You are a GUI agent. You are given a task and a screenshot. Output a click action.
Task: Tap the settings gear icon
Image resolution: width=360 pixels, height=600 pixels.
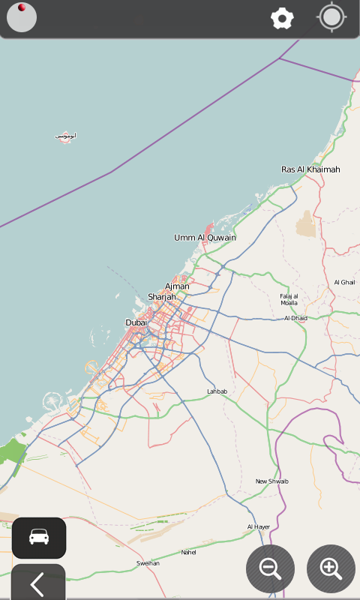282,19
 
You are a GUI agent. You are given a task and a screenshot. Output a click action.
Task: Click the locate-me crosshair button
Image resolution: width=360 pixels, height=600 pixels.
331,18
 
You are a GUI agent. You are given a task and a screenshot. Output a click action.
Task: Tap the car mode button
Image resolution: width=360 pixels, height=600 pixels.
39,537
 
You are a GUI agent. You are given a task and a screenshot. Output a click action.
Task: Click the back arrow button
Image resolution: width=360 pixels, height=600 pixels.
37,583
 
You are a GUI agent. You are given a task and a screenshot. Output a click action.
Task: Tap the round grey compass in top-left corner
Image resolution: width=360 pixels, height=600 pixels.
22,18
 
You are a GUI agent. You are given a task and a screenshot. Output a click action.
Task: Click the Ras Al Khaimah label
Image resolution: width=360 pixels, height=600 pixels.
310,169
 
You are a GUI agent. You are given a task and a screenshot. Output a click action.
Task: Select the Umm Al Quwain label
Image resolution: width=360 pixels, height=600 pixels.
205,238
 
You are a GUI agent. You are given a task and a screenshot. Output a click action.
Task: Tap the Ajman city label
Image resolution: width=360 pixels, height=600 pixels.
177,286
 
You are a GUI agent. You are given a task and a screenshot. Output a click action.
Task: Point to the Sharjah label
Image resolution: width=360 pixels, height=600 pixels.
162,297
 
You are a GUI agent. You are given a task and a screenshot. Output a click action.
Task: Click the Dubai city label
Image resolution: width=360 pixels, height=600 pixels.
136,322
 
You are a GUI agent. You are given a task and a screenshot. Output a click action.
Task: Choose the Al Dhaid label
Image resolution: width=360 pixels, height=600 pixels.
295,318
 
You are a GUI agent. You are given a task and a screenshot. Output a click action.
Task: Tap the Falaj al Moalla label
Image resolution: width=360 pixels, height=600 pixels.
289,299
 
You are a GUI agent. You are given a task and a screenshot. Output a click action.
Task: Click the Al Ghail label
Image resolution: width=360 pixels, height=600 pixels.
344,282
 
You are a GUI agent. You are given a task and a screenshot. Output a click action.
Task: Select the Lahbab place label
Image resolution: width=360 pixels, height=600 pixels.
217,391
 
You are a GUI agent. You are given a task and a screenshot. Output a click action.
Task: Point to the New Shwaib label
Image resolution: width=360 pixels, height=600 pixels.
271,481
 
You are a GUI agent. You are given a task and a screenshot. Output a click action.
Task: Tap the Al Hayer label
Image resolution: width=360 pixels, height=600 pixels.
258,527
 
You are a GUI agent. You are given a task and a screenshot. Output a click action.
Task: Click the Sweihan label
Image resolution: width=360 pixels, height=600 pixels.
148,563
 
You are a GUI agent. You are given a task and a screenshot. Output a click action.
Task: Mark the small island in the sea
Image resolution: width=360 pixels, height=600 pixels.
65,137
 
